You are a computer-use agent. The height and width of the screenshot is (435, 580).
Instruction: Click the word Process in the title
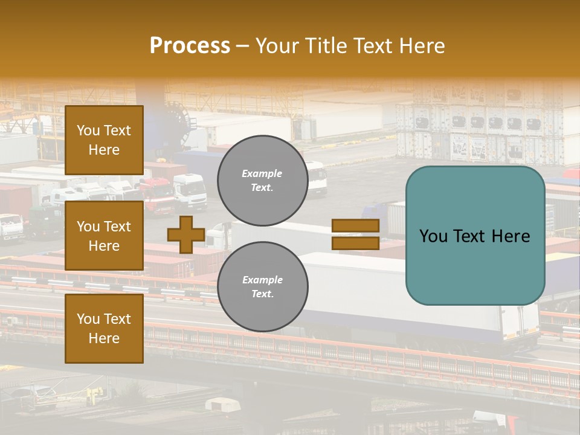pyautogui.click(x=190, y=46)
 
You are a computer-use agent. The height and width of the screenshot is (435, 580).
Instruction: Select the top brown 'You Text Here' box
pyautogui.click(x=104, y=140)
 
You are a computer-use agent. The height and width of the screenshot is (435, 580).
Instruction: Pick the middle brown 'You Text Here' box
pyautogui.click(x=104, y=236)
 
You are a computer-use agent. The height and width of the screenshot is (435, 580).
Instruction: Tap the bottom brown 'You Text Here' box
pyautogui.click(x=104, y=329)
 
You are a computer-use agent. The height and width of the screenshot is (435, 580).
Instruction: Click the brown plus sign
pyautogui.click(x=185, y=235)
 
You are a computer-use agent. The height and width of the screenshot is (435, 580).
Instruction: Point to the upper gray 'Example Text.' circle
pyautogui.click(x=262, y=180)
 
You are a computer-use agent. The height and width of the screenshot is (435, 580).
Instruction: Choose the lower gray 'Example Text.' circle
pyautogui.click(x=262, y=286)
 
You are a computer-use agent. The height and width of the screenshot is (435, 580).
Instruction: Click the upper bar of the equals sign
pyautogui.click(x=355, y=225)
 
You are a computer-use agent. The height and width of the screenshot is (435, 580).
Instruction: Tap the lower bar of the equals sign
pyautogui.click(x=355, y=243)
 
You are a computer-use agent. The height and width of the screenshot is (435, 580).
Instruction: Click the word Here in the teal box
pyautogui.click(x=510, y=236)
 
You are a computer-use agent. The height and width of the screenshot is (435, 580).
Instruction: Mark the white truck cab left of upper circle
pyautogui.click(x=190, y=190)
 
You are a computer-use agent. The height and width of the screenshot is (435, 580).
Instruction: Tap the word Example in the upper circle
pyautogui.click(x=262, y=173)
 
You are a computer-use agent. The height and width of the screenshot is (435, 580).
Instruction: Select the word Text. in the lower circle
pyautogui.click(x=262, y=294)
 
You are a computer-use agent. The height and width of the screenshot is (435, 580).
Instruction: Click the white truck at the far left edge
pyautogui.click(x=11, y=226)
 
